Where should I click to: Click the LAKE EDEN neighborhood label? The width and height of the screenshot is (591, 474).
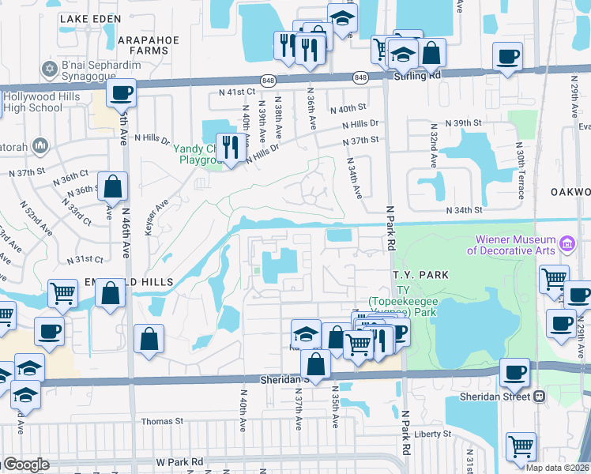point(90,18)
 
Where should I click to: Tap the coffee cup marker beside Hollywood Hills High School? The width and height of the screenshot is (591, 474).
point(122,94)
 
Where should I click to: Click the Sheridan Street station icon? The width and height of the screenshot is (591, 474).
point(540,396)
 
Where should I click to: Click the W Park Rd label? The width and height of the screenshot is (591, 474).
point(179,461)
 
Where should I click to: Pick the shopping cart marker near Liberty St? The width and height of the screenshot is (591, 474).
point(521,448)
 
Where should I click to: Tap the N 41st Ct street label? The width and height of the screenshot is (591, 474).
point(238,92)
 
